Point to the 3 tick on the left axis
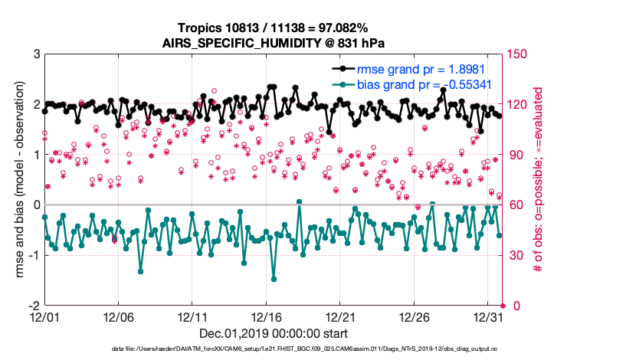[x=36, y=54]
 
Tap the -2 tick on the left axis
[x=34, y=306]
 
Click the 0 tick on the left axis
[x=36, y=205]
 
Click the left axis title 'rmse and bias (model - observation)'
[x=13, y=180]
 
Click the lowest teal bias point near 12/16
[x=274, y=280]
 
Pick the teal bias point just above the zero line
[x=299, y=202]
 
